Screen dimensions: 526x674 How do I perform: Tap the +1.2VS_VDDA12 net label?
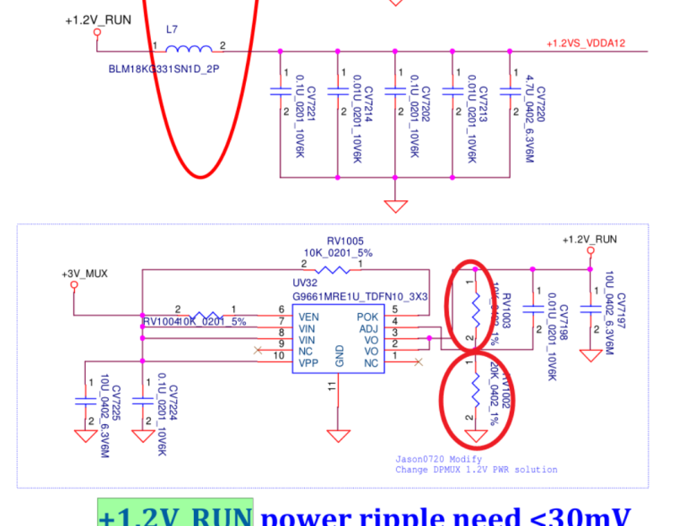click(x=586, y=43)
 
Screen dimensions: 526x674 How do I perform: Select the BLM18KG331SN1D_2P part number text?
click(x=163, y=69)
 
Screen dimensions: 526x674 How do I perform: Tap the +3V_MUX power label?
click(x=84, y=274)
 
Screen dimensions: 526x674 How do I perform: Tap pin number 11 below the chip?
click(x=331, y=385)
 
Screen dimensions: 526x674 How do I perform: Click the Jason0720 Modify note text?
click(x=438, y=460)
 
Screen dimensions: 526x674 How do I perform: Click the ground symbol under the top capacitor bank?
click(x=393, y=205)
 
